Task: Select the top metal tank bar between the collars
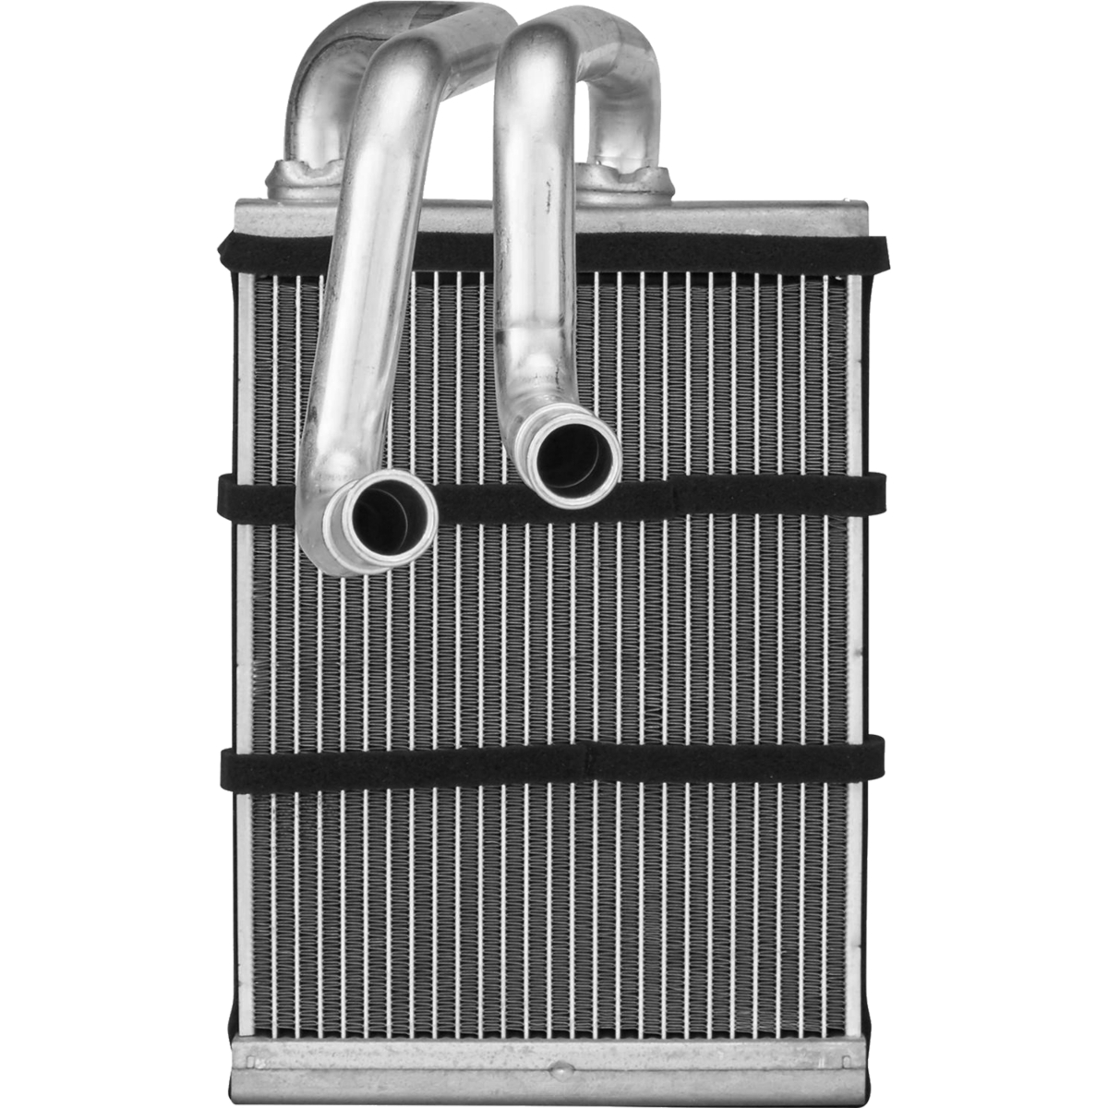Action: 462,211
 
